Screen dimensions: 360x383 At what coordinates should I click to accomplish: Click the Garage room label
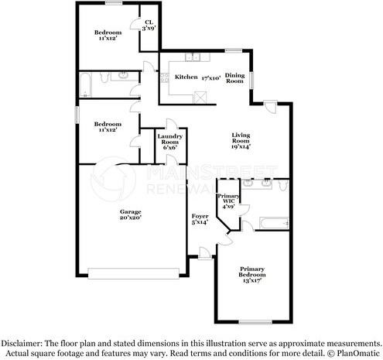coord(130,211)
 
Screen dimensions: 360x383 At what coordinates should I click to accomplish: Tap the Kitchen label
coord(186,77)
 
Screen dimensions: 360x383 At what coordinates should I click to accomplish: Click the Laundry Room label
coord(169,140)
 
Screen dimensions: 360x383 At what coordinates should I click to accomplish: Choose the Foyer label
coord(200,218)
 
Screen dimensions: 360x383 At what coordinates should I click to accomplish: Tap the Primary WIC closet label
coord(228,201)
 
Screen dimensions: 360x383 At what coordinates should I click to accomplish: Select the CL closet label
coord(149,24)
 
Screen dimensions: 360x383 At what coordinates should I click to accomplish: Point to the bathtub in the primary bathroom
coord(273,224)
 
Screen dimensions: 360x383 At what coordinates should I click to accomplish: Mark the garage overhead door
coord(136,273)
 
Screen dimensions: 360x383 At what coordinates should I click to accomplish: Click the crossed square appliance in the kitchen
coord(200,96)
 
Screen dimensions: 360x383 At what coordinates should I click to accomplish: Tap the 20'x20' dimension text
coord(130,218)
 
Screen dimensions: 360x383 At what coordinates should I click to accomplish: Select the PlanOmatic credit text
coord(357,352)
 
